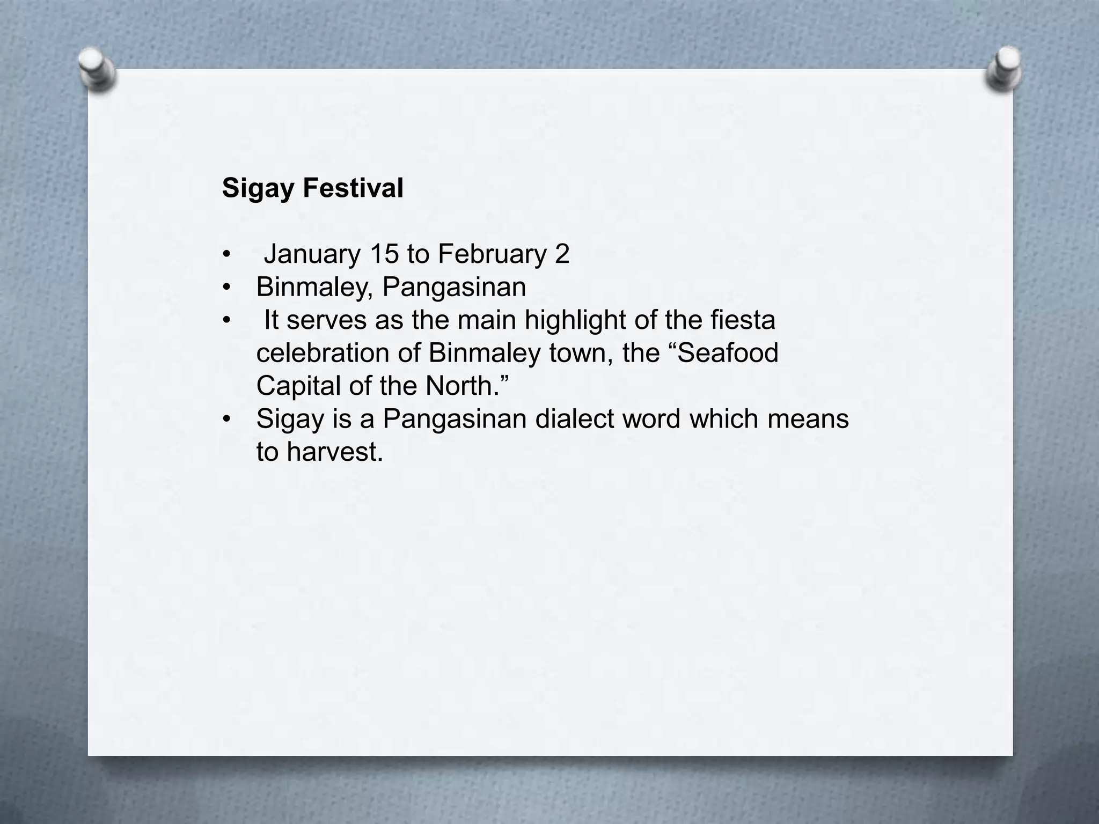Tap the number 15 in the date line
(x=384, y=254)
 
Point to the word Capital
(x=298, y=386)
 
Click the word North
(x=462, y=386)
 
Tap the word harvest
(x=334, y=452)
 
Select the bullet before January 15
(x=227, y=255)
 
